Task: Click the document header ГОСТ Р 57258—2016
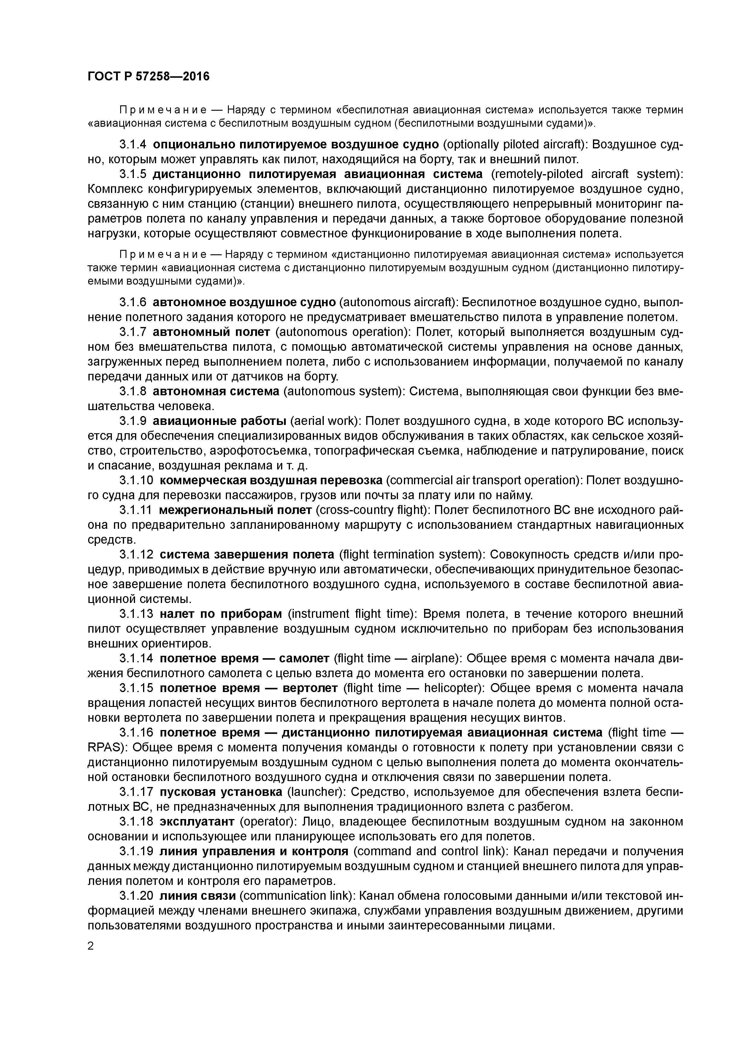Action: pyautogui.click(x=148, y=76)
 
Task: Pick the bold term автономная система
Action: pyautogui.click(x=216, y=391)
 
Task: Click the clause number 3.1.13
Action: pyautogui.click(x=136, y=614)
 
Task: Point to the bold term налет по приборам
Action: pyautogui.click(x=221, y=614)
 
